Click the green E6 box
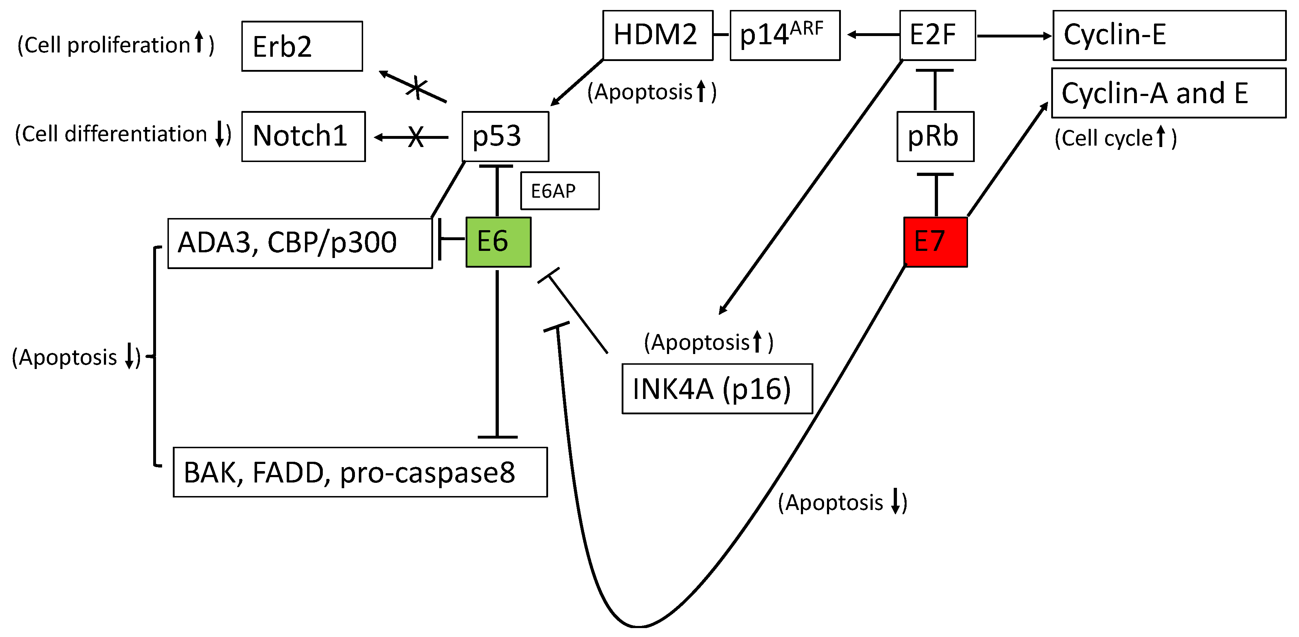[x=498, y=242]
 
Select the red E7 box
[x=936, y=242]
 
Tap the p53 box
[x=505, y=136]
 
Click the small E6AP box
[x=560, y=191]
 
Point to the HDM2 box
[x=658, y=35]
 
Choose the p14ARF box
[x=784, y=35]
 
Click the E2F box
[x=937, y=35]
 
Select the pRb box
[x=936, y=136]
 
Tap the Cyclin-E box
[x=1169, y=35]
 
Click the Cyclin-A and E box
[x=1168, y=93]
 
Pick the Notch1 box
[x=303, y=136]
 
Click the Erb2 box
[x=302, y=46]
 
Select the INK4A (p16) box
[x=717, y=389]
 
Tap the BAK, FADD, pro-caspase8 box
[x=360, y=472]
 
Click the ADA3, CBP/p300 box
[x=300, y=243]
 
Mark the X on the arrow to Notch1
[x=416, y=137]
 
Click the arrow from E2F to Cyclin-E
[x=1014, y=36]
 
